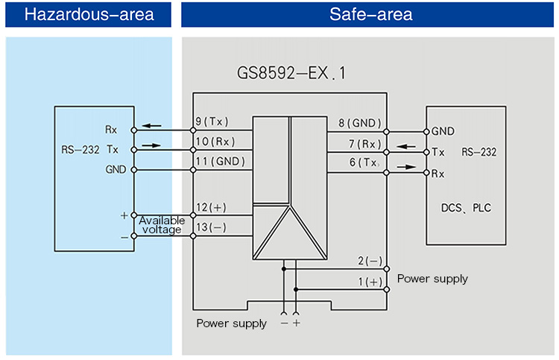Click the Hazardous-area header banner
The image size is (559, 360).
point(89,15)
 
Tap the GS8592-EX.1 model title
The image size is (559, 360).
point(291,75)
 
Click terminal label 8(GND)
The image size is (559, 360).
point(360,123)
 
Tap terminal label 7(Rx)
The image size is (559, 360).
point(363,143)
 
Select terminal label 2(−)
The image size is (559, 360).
point(369,261)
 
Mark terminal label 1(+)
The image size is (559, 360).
point(369,282)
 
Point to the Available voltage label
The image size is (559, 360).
point(162,225)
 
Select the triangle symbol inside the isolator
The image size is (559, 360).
point(290,230)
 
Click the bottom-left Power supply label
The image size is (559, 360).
point(231,323)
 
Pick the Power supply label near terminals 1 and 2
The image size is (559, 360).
point(432,279)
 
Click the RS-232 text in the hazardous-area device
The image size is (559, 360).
point(80,149)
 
